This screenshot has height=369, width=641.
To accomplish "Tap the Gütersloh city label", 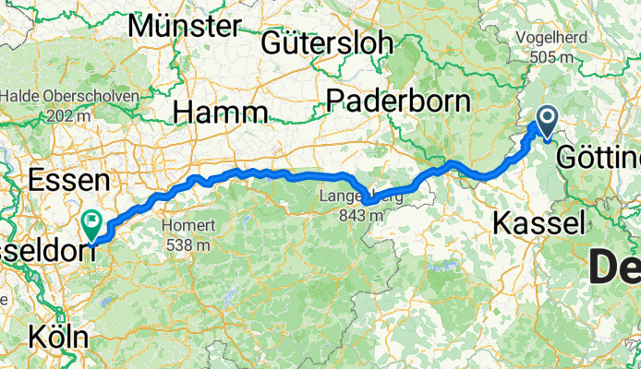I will coord(327,42).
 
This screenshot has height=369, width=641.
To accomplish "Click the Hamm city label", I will coord(221,113).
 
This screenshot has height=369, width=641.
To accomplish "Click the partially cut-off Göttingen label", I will coord(599,159).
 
